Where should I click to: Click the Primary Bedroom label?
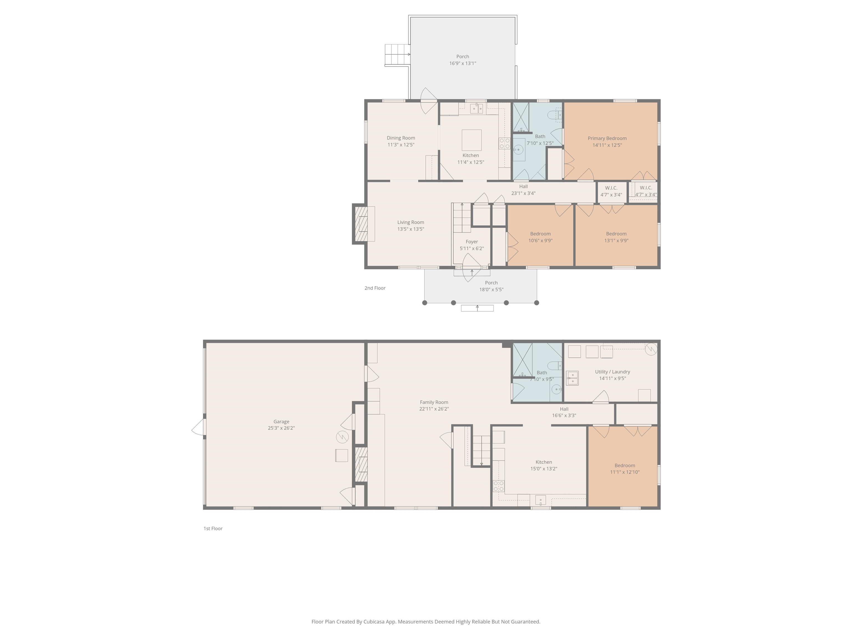(x=607, y=138)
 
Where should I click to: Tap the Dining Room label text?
(x=401, y=138)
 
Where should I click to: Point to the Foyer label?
(x=472, y=242)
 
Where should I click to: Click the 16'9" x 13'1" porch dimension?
(x=463, y=64)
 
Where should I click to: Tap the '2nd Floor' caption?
(x=375, y=288)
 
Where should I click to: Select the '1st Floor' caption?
(x=213, y=528)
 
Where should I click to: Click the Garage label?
(x=281, y=422)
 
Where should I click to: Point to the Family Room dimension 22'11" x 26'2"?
(x=434, y=409)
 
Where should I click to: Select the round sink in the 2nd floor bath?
(x=518, y=149)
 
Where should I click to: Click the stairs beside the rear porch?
(x=397, y=55)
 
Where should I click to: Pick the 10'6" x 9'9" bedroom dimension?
(x=540, y=241)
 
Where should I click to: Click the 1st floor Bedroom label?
(x=625, y=466)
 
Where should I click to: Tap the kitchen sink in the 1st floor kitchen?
(x=540, y=500)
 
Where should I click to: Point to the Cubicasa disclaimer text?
(x=426, y=622)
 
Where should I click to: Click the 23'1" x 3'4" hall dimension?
(x=523, y=193)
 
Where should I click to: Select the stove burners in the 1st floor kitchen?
(x=499, y=486)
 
